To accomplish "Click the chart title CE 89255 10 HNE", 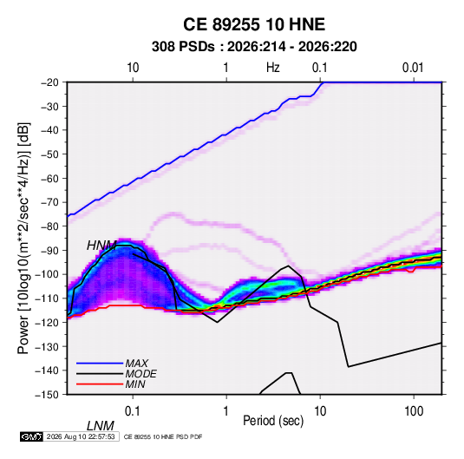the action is pos(254,24).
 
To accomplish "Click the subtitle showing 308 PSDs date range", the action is pos(254,47).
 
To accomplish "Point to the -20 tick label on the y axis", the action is pos(49,82).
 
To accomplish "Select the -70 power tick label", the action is pos(49,202).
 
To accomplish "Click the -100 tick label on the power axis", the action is pos(47,274).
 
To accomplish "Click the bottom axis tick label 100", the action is pos(414,411).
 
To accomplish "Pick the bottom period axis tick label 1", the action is pos(226,411).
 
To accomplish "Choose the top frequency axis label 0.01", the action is pos(413,68).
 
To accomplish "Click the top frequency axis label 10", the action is pos(133,68).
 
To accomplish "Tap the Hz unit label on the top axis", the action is pos(273,68).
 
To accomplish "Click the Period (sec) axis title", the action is pos(273,421).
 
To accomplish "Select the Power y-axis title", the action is pos(23,238).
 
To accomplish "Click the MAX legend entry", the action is pos(136,364).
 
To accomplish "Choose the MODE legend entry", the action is pos(141,374).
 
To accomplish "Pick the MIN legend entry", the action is pos(135,384).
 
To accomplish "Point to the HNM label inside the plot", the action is pos(101,246).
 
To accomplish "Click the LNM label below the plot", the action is pos(101,426).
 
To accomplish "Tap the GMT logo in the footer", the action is pos(32,436).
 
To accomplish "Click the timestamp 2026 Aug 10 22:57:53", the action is pos(81,436).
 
